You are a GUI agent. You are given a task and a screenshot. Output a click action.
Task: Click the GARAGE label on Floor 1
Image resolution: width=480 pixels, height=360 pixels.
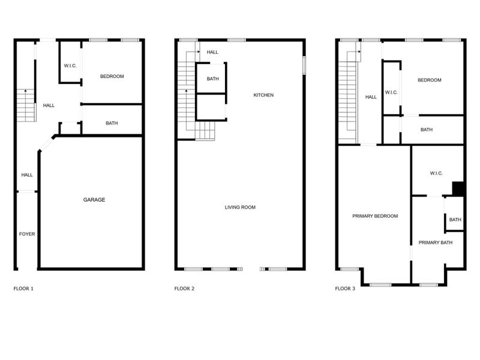(94, 200)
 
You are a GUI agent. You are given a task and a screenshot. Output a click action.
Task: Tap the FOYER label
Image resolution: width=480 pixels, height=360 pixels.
(27, 234)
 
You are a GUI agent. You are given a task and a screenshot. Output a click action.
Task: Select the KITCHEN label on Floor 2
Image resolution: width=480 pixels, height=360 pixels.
(263, 95)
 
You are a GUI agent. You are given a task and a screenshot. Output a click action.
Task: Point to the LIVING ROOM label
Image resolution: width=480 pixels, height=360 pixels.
(240, 208)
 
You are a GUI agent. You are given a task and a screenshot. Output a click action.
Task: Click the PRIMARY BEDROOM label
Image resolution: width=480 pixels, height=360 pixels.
(375, 216)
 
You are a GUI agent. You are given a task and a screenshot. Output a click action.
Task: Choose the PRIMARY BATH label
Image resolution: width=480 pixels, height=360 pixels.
(435, 242)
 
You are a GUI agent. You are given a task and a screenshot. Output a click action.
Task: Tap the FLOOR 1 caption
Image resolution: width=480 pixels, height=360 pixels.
(23, 289)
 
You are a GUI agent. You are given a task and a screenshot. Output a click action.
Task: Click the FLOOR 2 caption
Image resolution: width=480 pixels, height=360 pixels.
(184, 289)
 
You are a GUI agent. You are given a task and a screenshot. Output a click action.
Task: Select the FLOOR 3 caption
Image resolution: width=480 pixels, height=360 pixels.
(345, 289)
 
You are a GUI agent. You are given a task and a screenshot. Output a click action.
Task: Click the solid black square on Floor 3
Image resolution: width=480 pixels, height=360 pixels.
(458, 188)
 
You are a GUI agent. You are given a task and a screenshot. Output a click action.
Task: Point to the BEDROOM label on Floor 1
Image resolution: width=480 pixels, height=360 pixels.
(112, 76)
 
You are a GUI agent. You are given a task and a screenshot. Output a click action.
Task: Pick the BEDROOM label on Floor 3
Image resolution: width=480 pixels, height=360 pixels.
(429, 80)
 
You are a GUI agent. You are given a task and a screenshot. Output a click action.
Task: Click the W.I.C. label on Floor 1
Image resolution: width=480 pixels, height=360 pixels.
(70, 65)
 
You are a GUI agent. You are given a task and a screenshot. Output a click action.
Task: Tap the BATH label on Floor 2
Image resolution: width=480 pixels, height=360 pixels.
(212, 79)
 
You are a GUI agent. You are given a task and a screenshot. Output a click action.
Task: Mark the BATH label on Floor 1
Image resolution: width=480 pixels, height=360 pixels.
(112, 124)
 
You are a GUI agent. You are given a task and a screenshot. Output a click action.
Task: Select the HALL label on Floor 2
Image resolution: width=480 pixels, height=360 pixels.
(212, 52)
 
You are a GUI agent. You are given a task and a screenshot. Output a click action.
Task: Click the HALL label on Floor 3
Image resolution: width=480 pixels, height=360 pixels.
(371, 97)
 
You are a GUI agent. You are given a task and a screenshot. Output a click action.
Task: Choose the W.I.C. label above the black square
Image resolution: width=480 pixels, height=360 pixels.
(436, 173)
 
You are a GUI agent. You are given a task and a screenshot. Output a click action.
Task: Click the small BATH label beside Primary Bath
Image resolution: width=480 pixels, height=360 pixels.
(455, 220)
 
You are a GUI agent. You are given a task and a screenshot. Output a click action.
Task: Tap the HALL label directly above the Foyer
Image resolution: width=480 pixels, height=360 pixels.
(27, 175)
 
